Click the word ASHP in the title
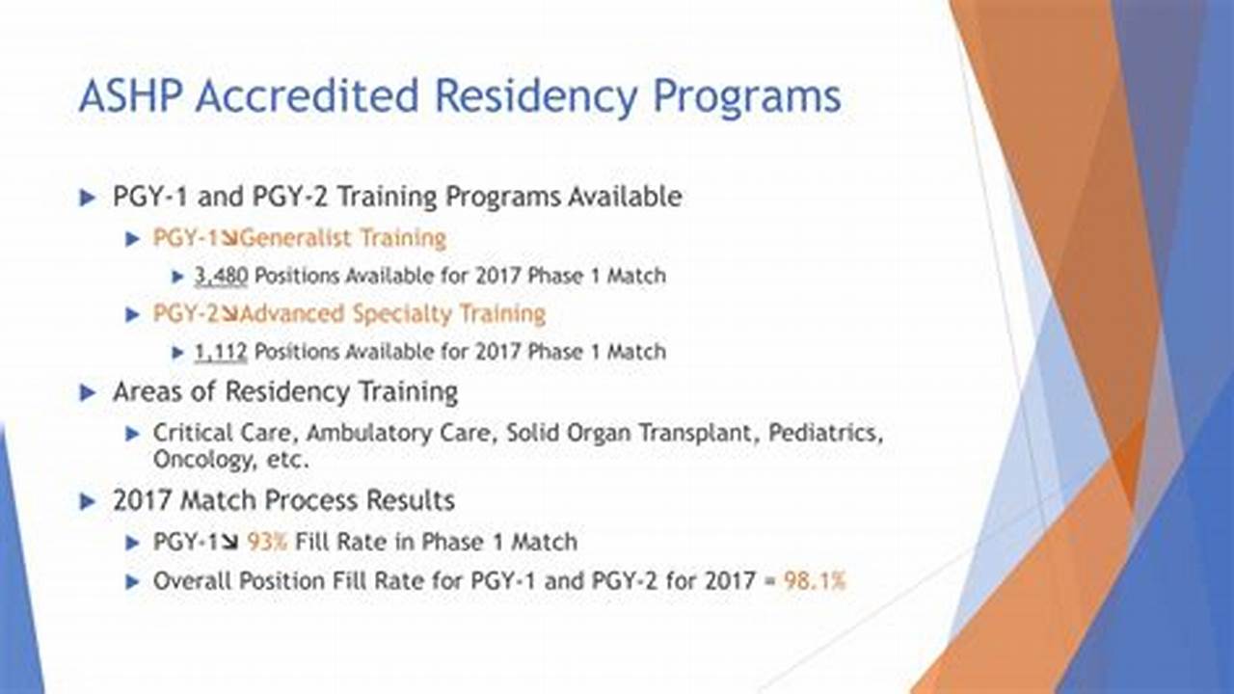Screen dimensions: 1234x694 130,95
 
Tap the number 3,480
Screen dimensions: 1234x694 221,276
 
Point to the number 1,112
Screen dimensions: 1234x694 221,352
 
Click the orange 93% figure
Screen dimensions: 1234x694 267,542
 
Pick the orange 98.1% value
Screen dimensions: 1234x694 815,581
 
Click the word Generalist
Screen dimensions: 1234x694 296,238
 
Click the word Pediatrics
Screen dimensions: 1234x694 826,433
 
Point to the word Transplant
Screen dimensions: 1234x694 695,434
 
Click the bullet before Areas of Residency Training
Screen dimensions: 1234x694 88,392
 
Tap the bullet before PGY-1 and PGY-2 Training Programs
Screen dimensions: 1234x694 88,198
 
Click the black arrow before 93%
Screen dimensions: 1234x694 230,543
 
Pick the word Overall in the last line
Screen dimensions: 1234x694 192,581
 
